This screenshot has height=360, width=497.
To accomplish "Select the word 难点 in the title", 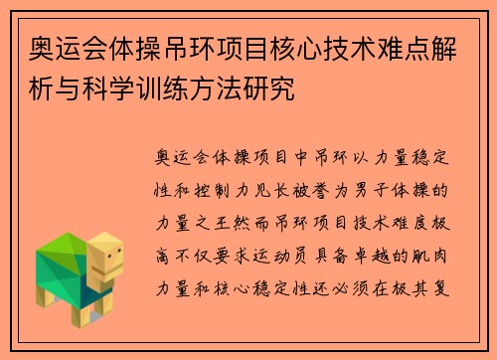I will [x=369, y=46].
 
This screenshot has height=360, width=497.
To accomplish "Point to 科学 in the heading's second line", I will [x=106, y=89].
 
